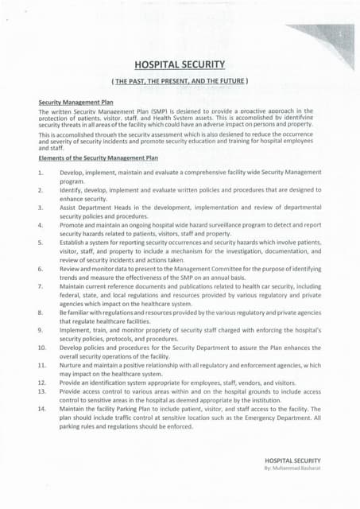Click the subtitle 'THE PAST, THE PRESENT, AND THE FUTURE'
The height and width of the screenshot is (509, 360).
pyautogui.click(x=180, y=81)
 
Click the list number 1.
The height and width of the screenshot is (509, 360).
pyautogui.click(x=40, y=172)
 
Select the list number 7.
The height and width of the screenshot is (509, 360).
pyautogui.click(x=40, y=286)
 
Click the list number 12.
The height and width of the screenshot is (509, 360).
pyautogui.click(x=41, y=382)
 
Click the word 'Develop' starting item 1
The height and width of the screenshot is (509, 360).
pyautogui.click(x=73, y=172)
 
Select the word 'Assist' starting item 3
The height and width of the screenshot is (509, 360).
pyautogui.click(x=70, y=206)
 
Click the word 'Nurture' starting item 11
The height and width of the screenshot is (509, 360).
pyautogui.click(x=72, y=363)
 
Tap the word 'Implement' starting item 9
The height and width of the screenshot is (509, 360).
pyautogui.click(x=76, y=329)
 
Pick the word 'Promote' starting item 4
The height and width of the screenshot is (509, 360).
pyautogui.click(x=73, y=225)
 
